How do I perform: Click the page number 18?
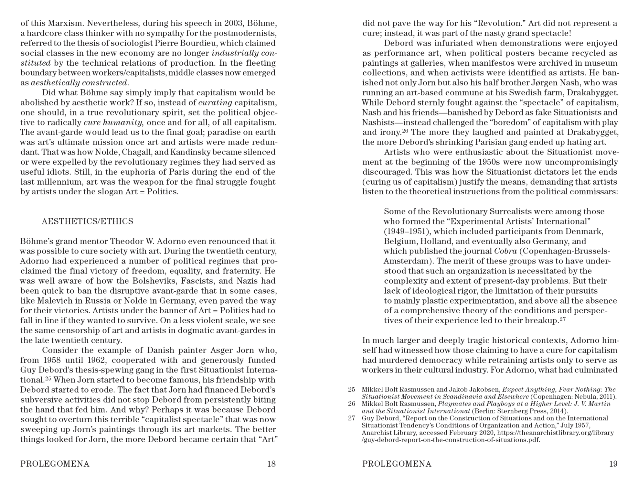[271, 464]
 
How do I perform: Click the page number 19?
[613, 464]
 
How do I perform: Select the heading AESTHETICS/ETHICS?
[87, 221]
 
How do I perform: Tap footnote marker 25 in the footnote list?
[352, 390]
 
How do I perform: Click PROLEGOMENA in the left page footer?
[55, 464]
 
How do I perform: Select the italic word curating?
[215, 103]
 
